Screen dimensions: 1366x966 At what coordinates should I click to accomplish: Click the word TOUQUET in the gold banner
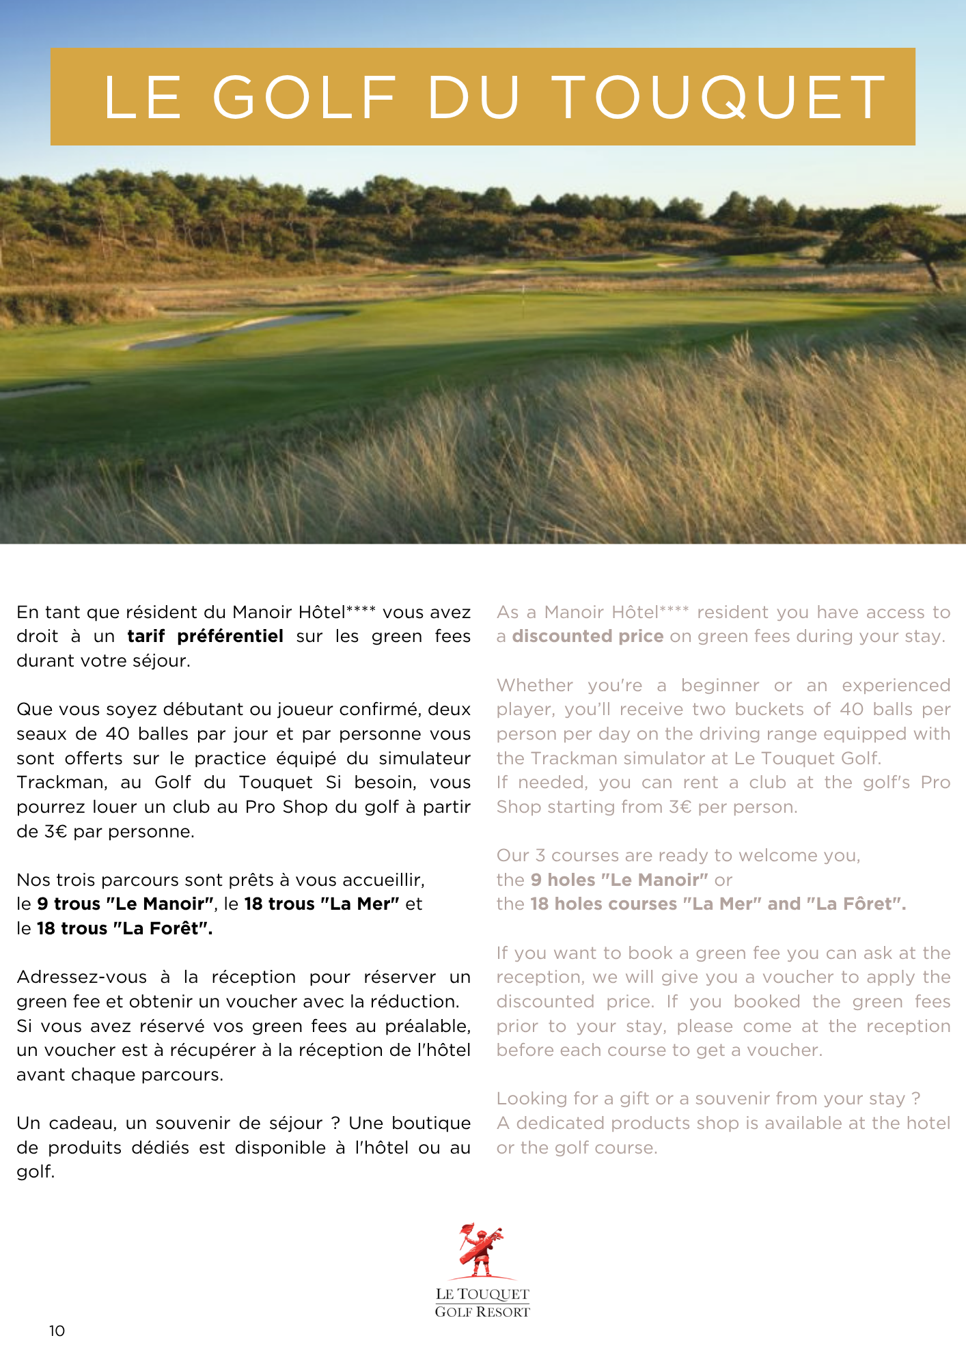(x=719, y=97)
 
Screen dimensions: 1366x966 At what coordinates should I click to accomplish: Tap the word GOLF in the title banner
(x=305, y=97)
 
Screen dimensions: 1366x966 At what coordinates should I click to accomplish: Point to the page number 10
(x=57, y=1330)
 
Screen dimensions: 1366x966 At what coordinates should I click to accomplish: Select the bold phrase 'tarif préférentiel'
(x=205, y=637)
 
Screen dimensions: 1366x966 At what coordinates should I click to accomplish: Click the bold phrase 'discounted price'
(x=588, y=637)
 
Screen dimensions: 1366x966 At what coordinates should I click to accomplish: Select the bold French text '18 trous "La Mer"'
(x=322, y=904)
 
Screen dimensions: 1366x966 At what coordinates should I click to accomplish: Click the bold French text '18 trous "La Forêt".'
(x=124, y=929)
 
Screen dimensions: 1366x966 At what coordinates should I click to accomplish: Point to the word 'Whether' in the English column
(x=535, y=685)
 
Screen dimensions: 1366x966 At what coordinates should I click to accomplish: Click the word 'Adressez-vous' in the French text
(x=81, y=977)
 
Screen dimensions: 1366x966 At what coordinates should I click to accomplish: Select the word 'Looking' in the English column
(x=532, y=1099)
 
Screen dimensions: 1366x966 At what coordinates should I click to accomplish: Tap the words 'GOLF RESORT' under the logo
(x=482, y=1312)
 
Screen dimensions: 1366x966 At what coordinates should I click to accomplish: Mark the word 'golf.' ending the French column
(x=36, y=1172)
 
